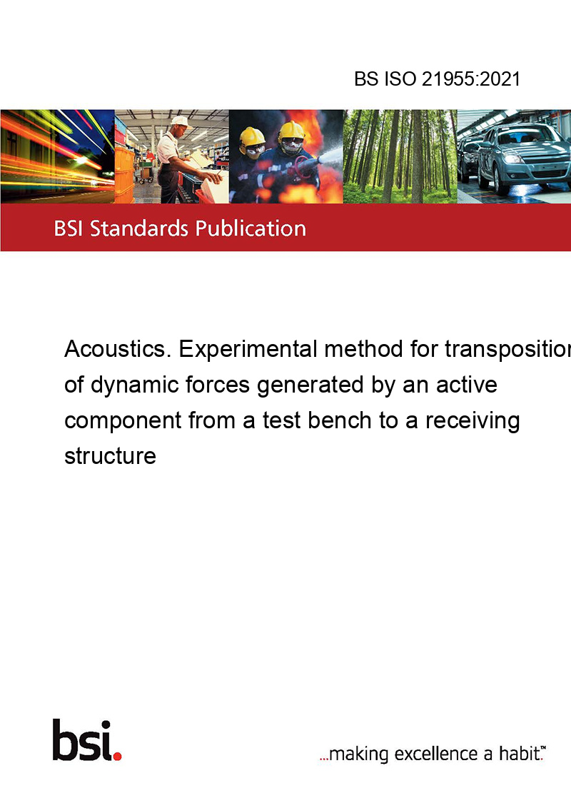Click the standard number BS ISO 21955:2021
437,79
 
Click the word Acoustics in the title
118,349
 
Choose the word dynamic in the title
134,385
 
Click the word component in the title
123,422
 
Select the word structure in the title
111,456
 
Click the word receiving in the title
473,422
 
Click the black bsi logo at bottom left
83,740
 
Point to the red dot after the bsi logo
117,756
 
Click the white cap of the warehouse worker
180,121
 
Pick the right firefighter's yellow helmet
291,131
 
